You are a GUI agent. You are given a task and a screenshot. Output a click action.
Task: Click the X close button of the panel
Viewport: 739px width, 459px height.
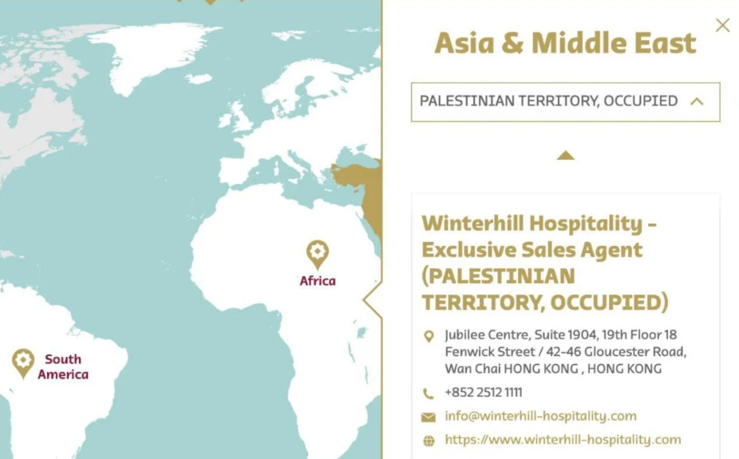pos(722,26)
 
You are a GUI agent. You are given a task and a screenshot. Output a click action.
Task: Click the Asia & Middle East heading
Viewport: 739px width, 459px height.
pos(565,43)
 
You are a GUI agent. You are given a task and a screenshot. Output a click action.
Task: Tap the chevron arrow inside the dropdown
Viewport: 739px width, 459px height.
pos(697,101)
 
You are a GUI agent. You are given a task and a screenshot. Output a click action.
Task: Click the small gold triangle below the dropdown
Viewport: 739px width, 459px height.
pos(565,156)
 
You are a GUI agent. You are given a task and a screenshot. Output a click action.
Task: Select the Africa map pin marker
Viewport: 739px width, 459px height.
pos(318,255)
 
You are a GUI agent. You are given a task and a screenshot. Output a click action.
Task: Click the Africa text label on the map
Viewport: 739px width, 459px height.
pos(318,281)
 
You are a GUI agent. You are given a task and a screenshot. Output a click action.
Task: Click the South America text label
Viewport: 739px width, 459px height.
pos(63,367)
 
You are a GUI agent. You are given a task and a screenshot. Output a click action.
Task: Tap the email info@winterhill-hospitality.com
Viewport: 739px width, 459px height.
pos(540,416)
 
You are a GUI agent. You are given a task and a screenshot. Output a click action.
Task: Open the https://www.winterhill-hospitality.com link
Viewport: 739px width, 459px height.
pos(563,440)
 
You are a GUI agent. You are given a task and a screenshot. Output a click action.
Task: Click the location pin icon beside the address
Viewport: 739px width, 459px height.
pos(429,337)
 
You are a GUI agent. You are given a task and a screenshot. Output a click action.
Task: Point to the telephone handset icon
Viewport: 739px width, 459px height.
pos(429,394)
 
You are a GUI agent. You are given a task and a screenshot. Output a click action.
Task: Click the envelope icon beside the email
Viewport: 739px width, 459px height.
pos(429,417)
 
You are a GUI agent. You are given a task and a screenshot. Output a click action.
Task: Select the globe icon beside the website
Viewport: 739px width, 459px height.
pos(429,441)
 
